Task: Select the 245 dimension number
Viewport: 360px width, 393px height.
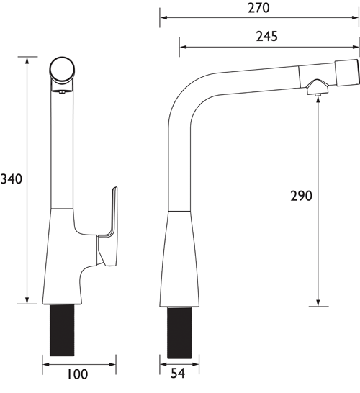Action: click(x=266, y=36)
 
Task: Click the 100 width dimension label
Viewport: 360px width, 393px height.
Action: click(x=78, y=374)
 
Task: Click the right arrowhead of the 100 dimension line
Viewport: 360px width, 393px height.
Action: click(x=114, y=363)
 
